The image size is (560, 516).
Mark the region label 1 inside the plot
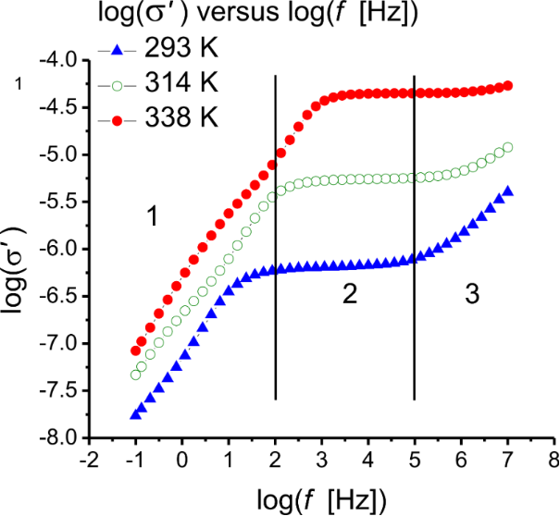[154, 217]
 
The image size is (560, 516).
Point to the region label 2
[349, 295]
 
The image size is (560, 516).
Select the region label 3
[472, 295]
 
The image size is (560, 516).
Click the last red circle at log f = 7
[507, 86]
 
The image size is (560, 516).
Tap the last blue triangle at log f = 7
[507, 190]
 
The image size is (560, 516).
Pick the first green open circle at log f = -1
[135, 375]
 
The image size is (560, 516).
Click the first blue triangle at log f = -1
[135, 414]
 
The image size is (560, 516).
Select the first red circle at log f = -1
[135, 351]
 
